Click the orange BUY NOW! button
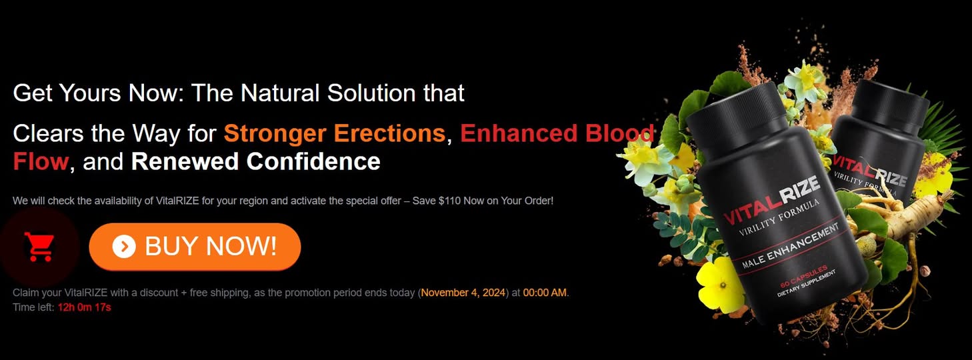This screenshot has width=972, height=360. pos(195,247)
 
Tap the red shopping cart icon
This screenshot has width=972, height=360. pos(39,247)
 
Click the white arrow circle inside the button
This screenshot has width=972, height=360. pos(124,247)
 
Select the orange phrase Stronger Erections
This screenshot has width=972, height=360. pos(335,133)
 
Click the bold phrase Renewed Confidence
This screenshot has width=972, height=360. pos(255,161)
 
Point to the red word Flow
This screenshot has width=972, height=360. pos(41,161)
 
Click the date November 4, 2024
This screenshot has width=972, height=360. pos(463,293)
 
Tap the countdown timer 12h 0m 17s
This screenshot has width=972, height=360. pos(84,307)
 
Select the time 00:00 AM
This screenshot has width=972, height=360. pos(545,293)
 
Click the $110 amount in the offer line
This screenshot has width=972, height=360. pos(449,201)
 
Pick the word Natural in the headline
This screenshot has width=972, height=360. pos(280,93)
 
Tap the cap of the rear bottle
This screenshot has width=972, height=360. pos(889,105)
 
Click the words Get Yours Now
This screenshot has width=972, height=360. pos(96,93)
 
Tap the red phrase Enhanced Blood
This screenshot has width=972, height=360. pos(557,133)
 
